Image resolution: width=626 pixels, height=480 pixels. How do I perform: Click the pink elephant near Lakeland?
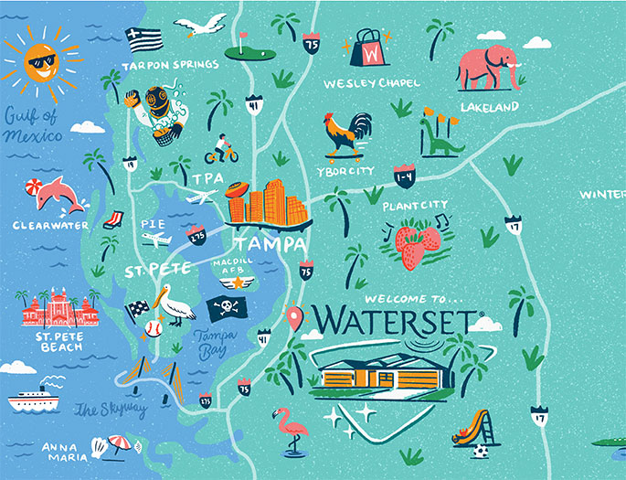point(491,67)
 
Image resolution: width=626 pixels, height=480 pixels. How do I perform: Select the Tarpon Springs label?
point(172,65)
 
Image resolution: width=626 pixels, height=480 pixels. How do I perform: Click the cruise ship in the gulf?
point(35,399)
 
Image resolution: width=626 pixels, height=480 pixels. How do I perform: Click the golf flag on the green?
point(243,43)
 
